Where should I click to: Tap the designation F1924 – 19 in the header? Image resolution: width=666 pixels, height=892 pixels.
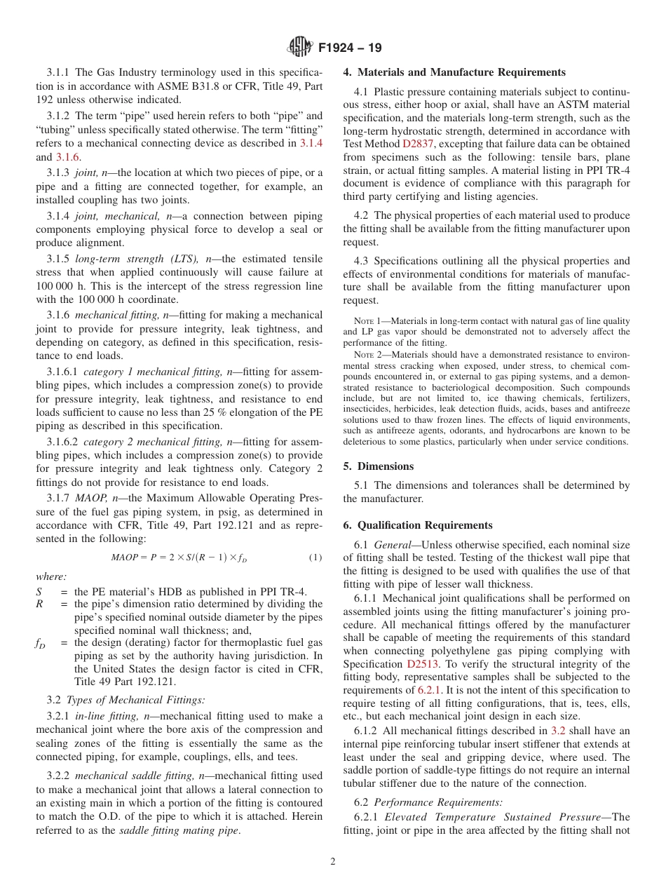pyautogui.click(x=350, y=48)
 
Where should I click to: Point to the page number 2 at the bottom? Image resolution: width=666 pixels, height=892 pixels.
pyautogui.click(x=333, y=862)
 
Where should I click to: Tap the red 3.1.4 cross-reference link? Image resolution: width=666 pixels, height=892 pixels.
pyautogui.click(x=311, y=143)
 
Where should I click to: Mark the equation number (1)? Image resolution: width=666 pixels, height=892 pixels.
pyautogui.click(x=315, y=557)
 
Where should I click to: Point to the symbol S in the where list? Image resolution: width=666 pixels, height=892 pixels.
pyautogui.click(x=39, y=592)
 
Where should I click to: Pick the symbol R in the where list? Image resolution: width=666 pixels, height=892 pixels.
pyautogui.click(x=40, y=604)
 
